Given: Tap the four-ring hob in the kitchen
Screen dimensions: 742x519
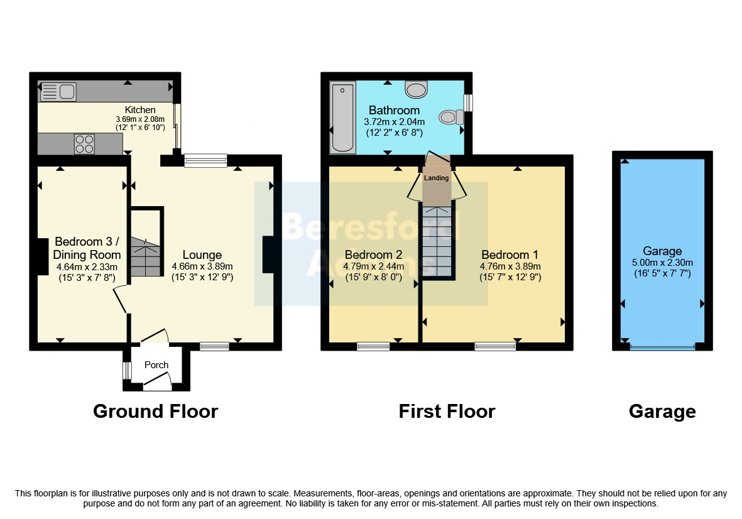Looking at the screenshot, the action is click(84, 144).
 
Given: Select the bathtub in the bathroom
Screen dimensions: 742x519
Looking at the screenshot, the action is click(342, 117).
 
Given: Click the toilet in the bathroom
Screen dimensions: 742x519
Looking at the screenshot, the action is click(452, 117).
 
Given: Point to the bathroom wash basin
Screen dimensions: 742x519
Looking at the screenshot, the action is click(416, 89).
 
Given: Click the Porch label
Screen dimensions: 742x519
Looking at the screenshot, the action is click(156, 365).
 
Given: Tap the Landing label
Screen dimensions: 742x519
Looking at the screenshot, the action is click(436, 178).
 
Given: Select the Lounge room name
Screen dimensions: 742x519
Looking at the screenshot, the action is click(202, 255).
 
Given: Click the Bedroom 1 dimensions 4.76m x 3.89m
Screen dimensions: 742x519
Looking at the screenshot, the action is click(510, 266).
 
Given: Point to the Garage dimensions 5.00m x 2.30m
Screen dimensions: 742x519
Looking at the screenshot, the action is click(662, 263).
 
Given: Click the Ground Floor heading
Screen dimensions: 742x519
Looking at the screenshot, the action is click(156, 411).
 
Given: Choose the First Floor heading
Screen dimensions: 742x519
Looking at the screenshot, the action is click(447, 411).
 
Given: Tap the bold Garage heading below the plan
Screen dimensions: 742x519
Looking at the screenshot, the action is click(662, 412).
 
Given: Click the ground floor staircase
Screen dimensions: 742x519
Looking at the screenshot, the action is click(146, 256).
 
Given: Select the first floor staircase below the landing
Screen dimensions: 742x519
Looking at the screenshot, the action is click(437, 241).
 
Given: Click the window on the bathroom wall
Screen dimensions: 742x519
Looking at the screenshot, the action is click(468, 102).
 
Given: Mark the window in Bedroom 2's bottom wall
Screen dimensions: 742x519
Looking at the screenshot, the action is click(373, 347).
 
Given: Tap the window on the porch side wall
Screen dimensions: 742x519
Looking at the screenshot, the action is click(127, 371).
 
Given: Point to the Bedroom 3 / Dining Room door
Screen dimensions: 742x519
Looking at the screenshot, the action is click(120, 300).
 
